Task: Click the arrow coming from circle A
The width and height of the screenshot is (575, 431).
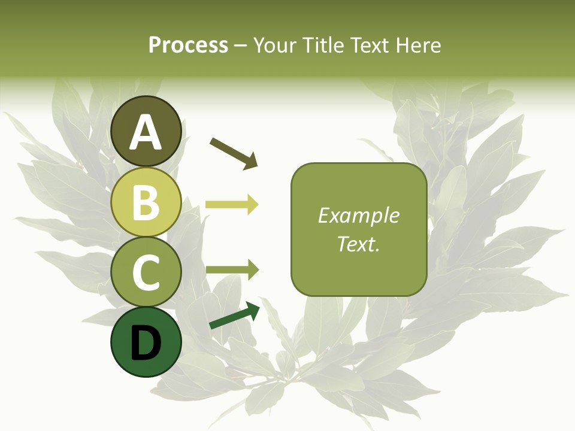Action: [x=234, y=152]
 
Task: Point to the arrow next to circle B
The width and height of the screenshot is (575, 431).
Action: [x=232, y=205]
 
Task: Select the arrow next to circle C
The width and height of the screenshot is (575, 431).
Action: [x=232, y=270]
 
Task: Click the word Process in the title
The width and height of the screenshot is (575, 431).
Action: [x=188, y=45]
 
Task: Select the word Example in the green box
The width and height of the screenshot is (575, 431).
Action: [x=359, y=215]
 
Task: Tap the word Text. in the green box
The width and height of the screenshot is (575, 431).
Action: [x=359, y=244]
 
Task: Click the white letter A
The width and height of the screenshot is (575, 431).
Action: [x=146, y=133]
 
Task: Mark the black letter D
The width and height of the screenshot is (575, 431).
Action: [x=146, y=344]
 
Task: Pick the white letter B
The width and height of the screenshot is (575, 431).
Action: [x=146, y=203]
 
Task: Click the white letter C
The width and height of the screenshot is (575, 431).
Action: [x=146, y=273]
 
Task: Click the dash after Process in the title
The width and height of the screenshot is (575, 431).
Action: [x=241, y=45]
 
